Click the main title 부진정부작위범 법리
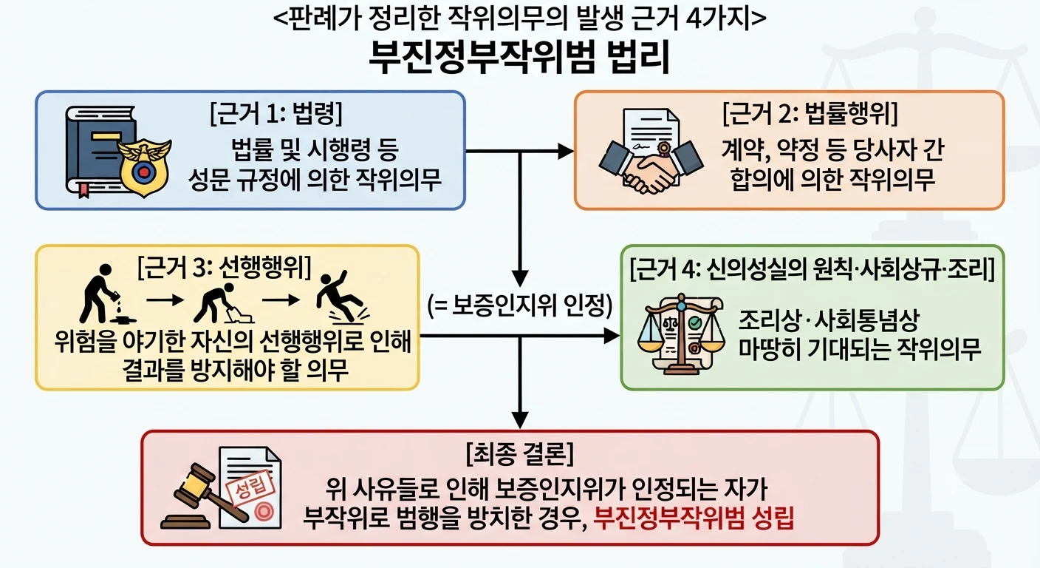[519, 58]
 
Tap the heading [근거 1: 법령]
[276, 113]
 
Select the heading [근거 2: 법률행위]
[810, 113]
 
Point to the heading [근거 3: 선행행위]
[225, 267]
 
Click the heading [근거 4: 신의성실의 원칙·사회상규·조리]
[812, 268]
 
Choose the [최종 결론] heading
[520, 453]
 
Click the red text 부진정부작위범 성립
[694, 517]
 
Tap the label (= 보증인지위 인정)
[520, 306]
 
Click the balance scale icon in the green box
[681, 334]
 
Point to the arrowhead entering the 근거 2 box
[566, 151]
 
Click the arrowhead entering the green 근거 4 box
[612, 336]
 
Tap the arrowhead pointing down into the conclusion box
[520, 420]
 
